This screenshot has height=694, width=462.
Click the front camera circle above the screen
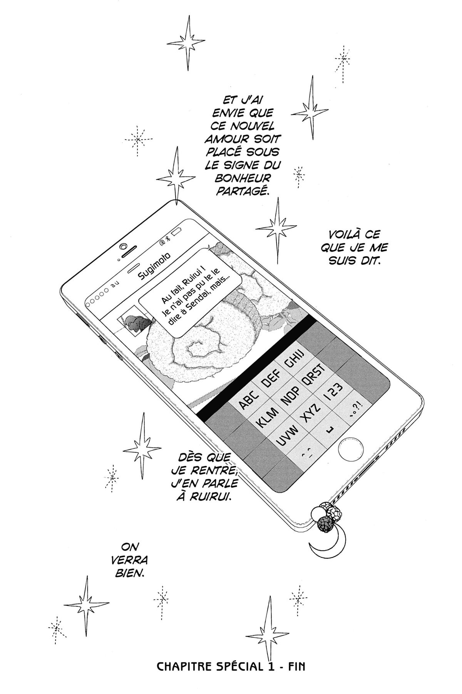[x=123, y=246]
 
